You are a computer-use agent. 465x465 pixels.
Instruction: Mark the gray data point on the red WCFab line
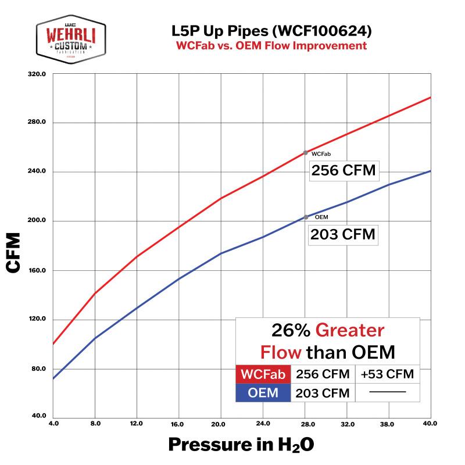tap(306, 153)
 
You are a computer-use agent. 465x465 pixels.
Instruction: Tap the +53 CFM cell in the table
tap(387, 374)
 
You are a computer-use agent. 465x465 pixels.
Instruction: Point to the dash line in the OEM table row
tap(387, 393)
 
